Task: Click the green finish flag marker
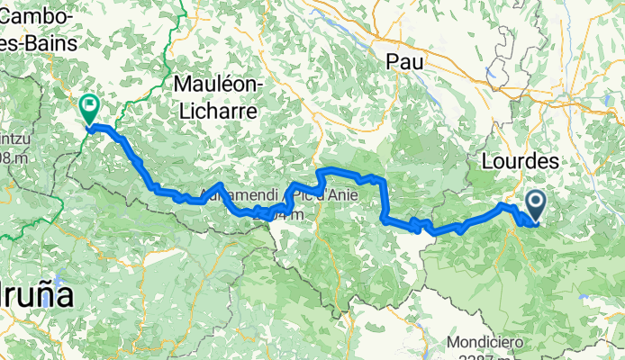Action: click(90, 109)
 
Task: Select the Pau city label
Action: click(403, 61)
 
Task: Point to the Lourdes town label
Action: click(521, 161)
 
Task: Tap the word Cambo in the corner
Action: click(41, 14)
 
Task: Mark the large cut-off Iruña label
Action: click(36, 296)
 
